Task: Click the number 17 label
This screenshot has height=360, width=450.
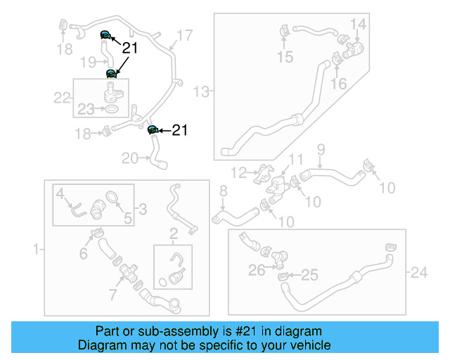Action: [185, 35]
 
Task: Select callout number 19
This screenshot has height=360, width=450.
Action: [88, 63]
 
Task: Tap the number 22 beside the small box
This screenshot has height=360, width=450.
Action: [63, 98]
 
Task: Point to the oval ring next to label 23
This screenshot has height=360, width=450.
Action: [111, 110]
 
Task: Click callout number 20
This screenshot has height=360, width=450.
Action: [130, 159]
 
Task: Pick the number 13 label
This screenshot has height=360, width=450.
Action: [202, 91]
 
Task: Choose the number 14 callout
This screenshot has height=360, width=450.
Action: [359, 25]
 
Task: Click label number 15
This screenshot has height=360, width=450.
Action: [285, 57]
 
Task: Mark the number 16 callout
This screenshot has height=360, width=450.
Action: [339, 84]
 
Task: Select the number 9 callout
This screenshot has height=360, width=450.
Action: [321, 148]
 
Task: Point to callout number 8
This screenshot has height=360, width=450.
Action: [224, 191]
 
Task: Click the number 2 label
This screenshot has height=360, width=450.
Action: [173, 233]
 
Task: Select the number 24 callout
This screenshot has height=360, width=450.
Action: [419, 270]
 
